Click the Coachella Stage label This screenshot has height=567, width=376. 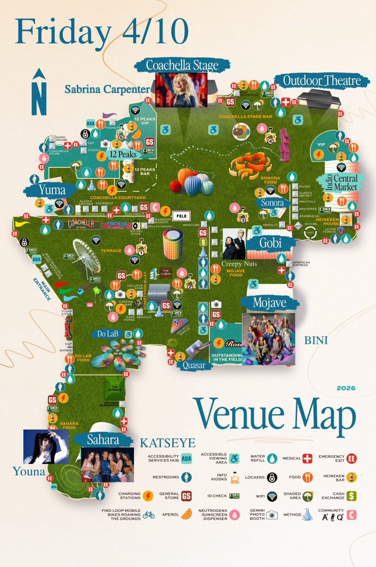coord(182,65)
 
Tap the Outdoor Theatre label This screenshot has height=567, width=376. coord(322,80)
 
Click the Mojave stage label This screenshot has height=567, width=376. coord(270,303)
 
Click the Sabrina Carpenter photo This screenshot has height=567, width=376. coord(182,90)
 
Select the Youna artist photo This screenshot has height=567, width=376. coord(46,446)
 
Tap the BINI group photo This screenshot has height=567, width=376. coord(268,339)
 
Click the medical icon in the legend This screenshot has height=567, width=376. coord(308,458)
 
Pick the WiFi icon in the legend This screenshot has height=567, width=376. coord(271,496)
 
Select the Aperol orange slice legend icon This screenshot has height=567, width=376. coord(186,514)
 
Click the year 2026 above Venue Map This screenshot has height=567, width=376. coord(346,389)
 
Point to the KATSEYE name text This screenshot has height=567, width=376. coord(167,443)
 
